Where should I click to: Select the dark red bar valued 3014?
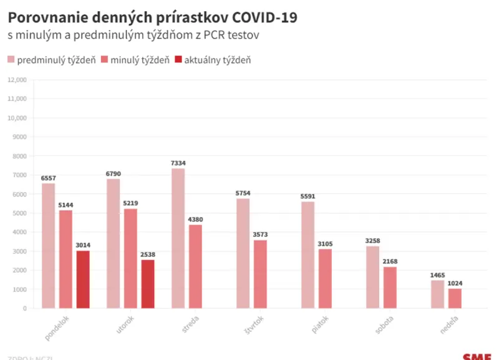coord(83,280)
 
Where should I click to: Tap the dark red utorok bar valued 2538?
coord(148,284)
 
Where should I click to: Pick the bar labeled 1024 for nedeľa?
coord(455,298)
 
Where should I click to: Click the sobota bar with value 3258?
coord(372,277)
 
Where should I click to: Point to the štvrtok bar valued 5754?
coord(243,253)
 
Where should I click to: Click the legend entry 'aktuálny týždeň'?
coord(212,60)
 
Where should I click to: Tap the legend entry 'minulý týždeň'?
coord(135,60)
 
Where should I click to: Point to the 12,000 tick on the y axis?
coord(17,80)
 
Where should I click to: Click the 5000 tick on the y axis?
coord(20,213)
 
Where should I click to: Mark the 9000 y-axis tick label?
coord(20,137)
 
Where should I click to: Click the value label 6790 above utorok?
coord(114,173)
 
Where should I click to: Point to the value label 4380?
coord(195,219)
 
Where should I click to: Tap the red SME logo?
coord(477,356)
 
